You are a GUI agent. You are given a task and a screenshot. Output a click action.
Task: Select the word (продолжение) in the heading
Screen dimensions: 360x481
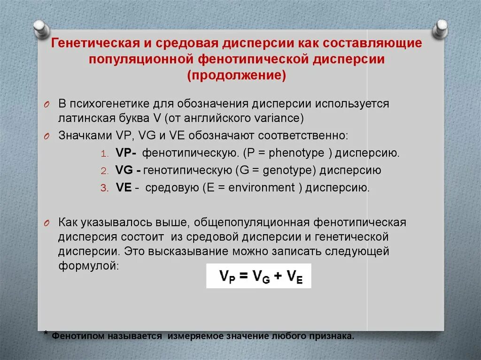tap(237, 75)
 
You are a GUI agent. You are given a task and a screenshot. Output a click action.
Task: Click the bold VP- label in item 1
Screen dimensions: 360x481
tap(125, 153)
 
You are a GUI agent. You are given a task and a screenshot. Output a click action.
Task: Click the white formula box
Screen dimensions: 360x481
tap(258, 276)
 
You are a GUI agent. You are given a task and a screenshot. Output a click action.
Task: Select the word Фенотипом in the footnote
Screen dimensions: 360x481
tap(75, 337)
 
